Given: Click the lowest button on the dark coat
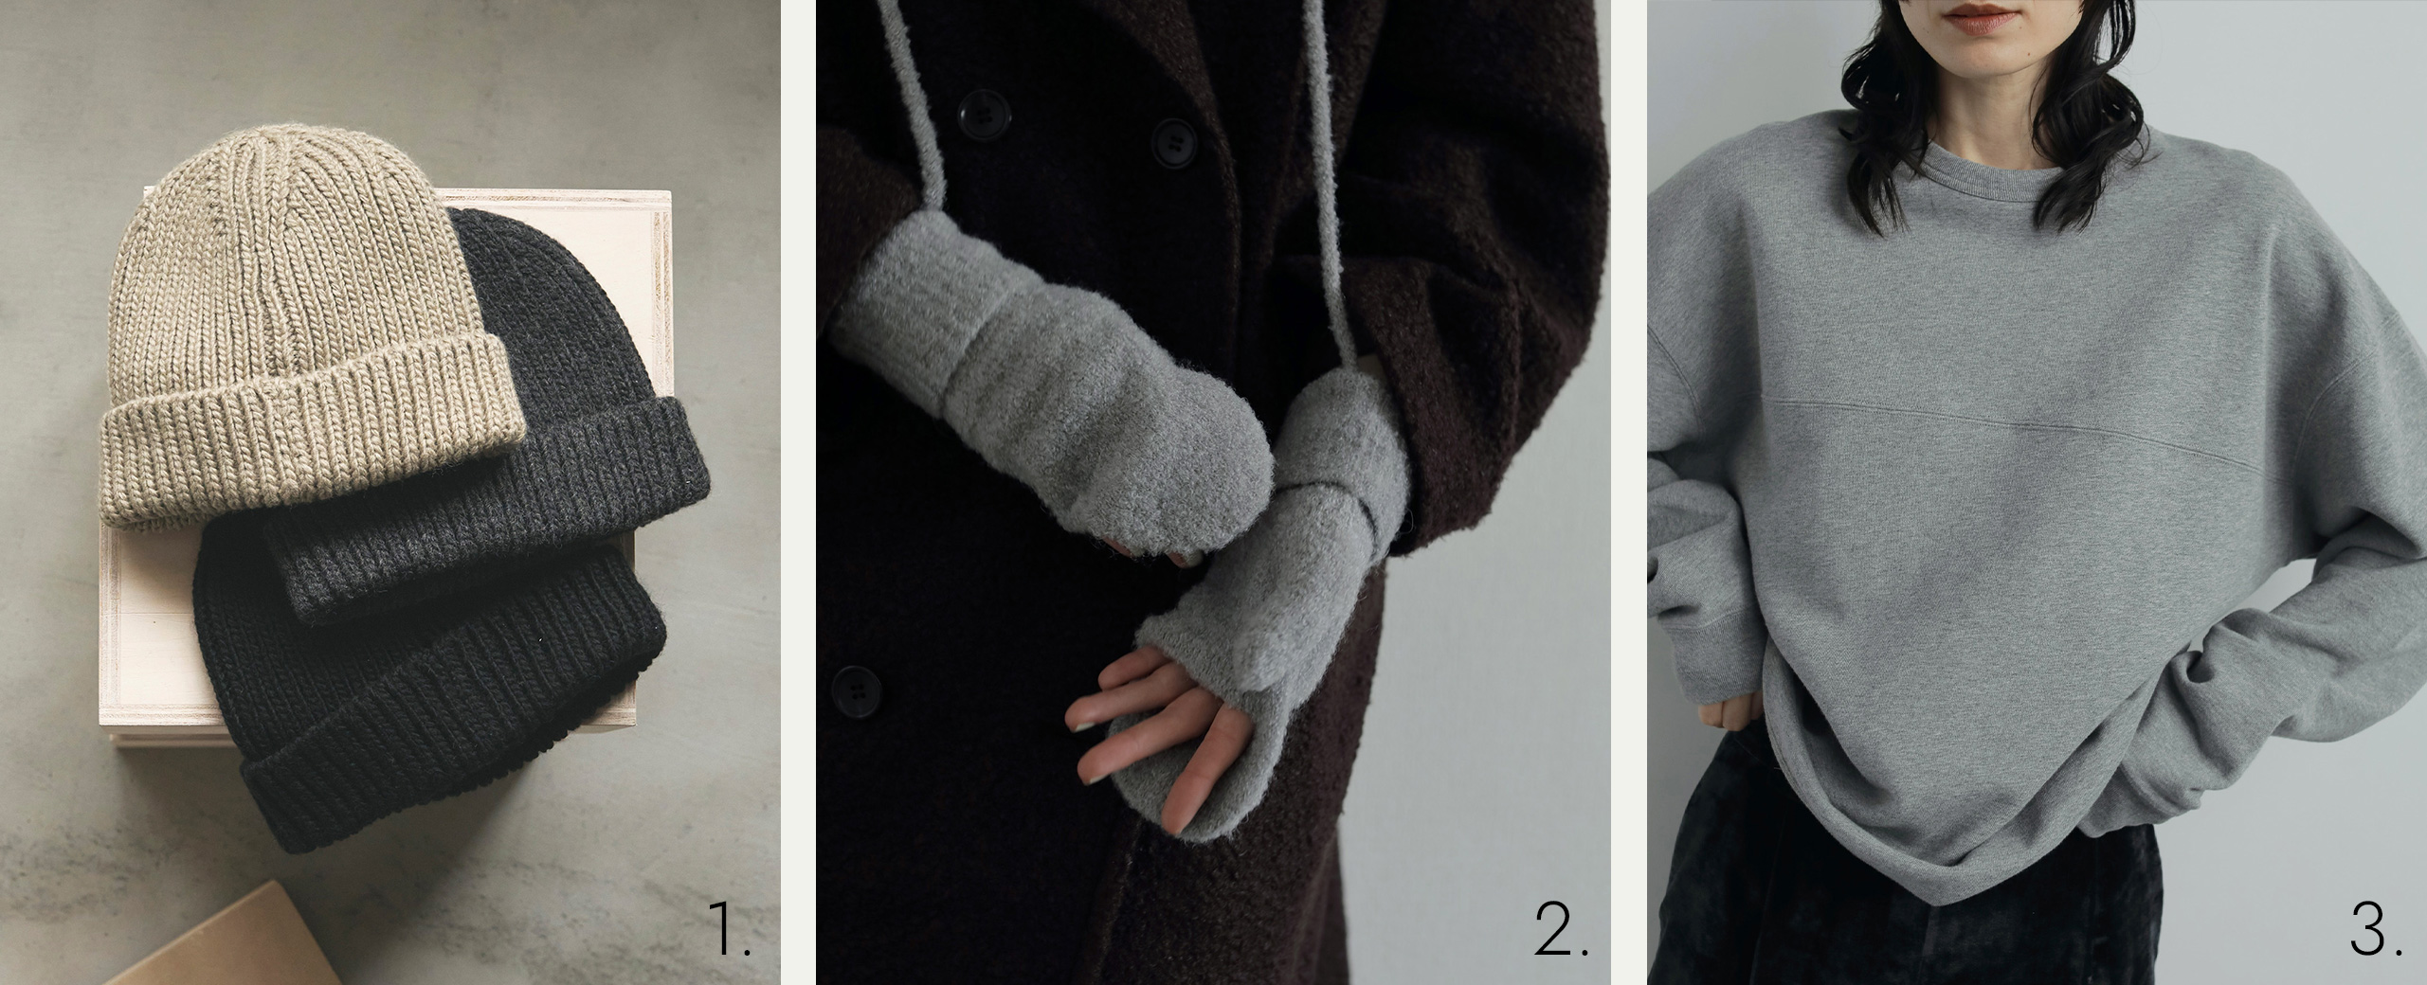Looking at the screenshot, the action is pyautogui.click(x=856, y=683).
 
